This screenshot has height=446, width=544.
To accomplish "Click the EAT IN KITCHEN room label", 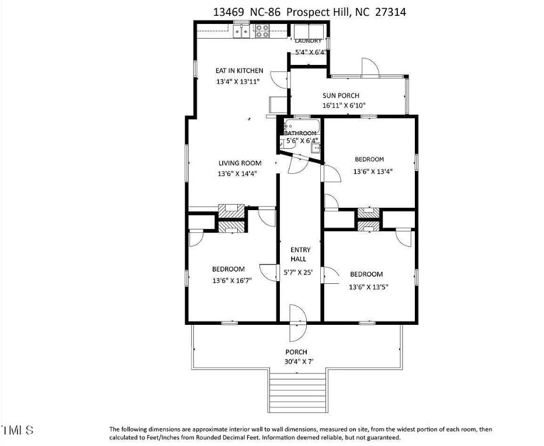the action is [240, 71].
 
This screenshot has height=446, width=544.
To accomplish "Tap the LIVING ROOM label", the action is [240, 163].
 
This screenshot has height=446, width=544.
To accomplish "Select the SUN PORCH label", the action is [341, 95].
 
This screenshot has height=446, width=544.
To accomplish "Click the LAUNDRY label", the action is [308, 41].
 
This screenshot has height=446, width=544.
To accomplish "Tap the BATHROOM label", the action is [300, 133].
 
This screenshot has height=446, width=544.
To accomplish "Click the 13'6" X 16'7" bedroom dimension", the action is [232, 280].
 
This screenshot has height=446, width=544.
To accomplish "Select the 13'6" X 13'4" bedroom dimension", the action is [373, 171].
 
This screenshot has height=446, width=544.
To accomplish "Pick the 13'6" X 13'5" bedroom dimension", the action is [368, 287].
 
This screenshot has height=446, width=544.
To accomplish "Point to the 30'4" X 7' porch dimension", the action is [299, 362].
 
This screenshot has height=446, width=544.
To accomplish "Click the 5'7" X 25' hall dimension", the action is [299, 272].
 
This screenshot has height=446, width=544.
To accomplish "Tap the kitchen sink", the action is [241, 31].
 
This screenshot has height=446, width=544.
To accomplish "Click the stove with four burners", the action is [262, 30].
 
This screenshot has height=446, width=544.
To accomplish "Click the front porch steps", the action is [298, 392].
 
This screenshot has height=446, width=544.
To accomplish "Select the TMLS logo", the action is [18, 430].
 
